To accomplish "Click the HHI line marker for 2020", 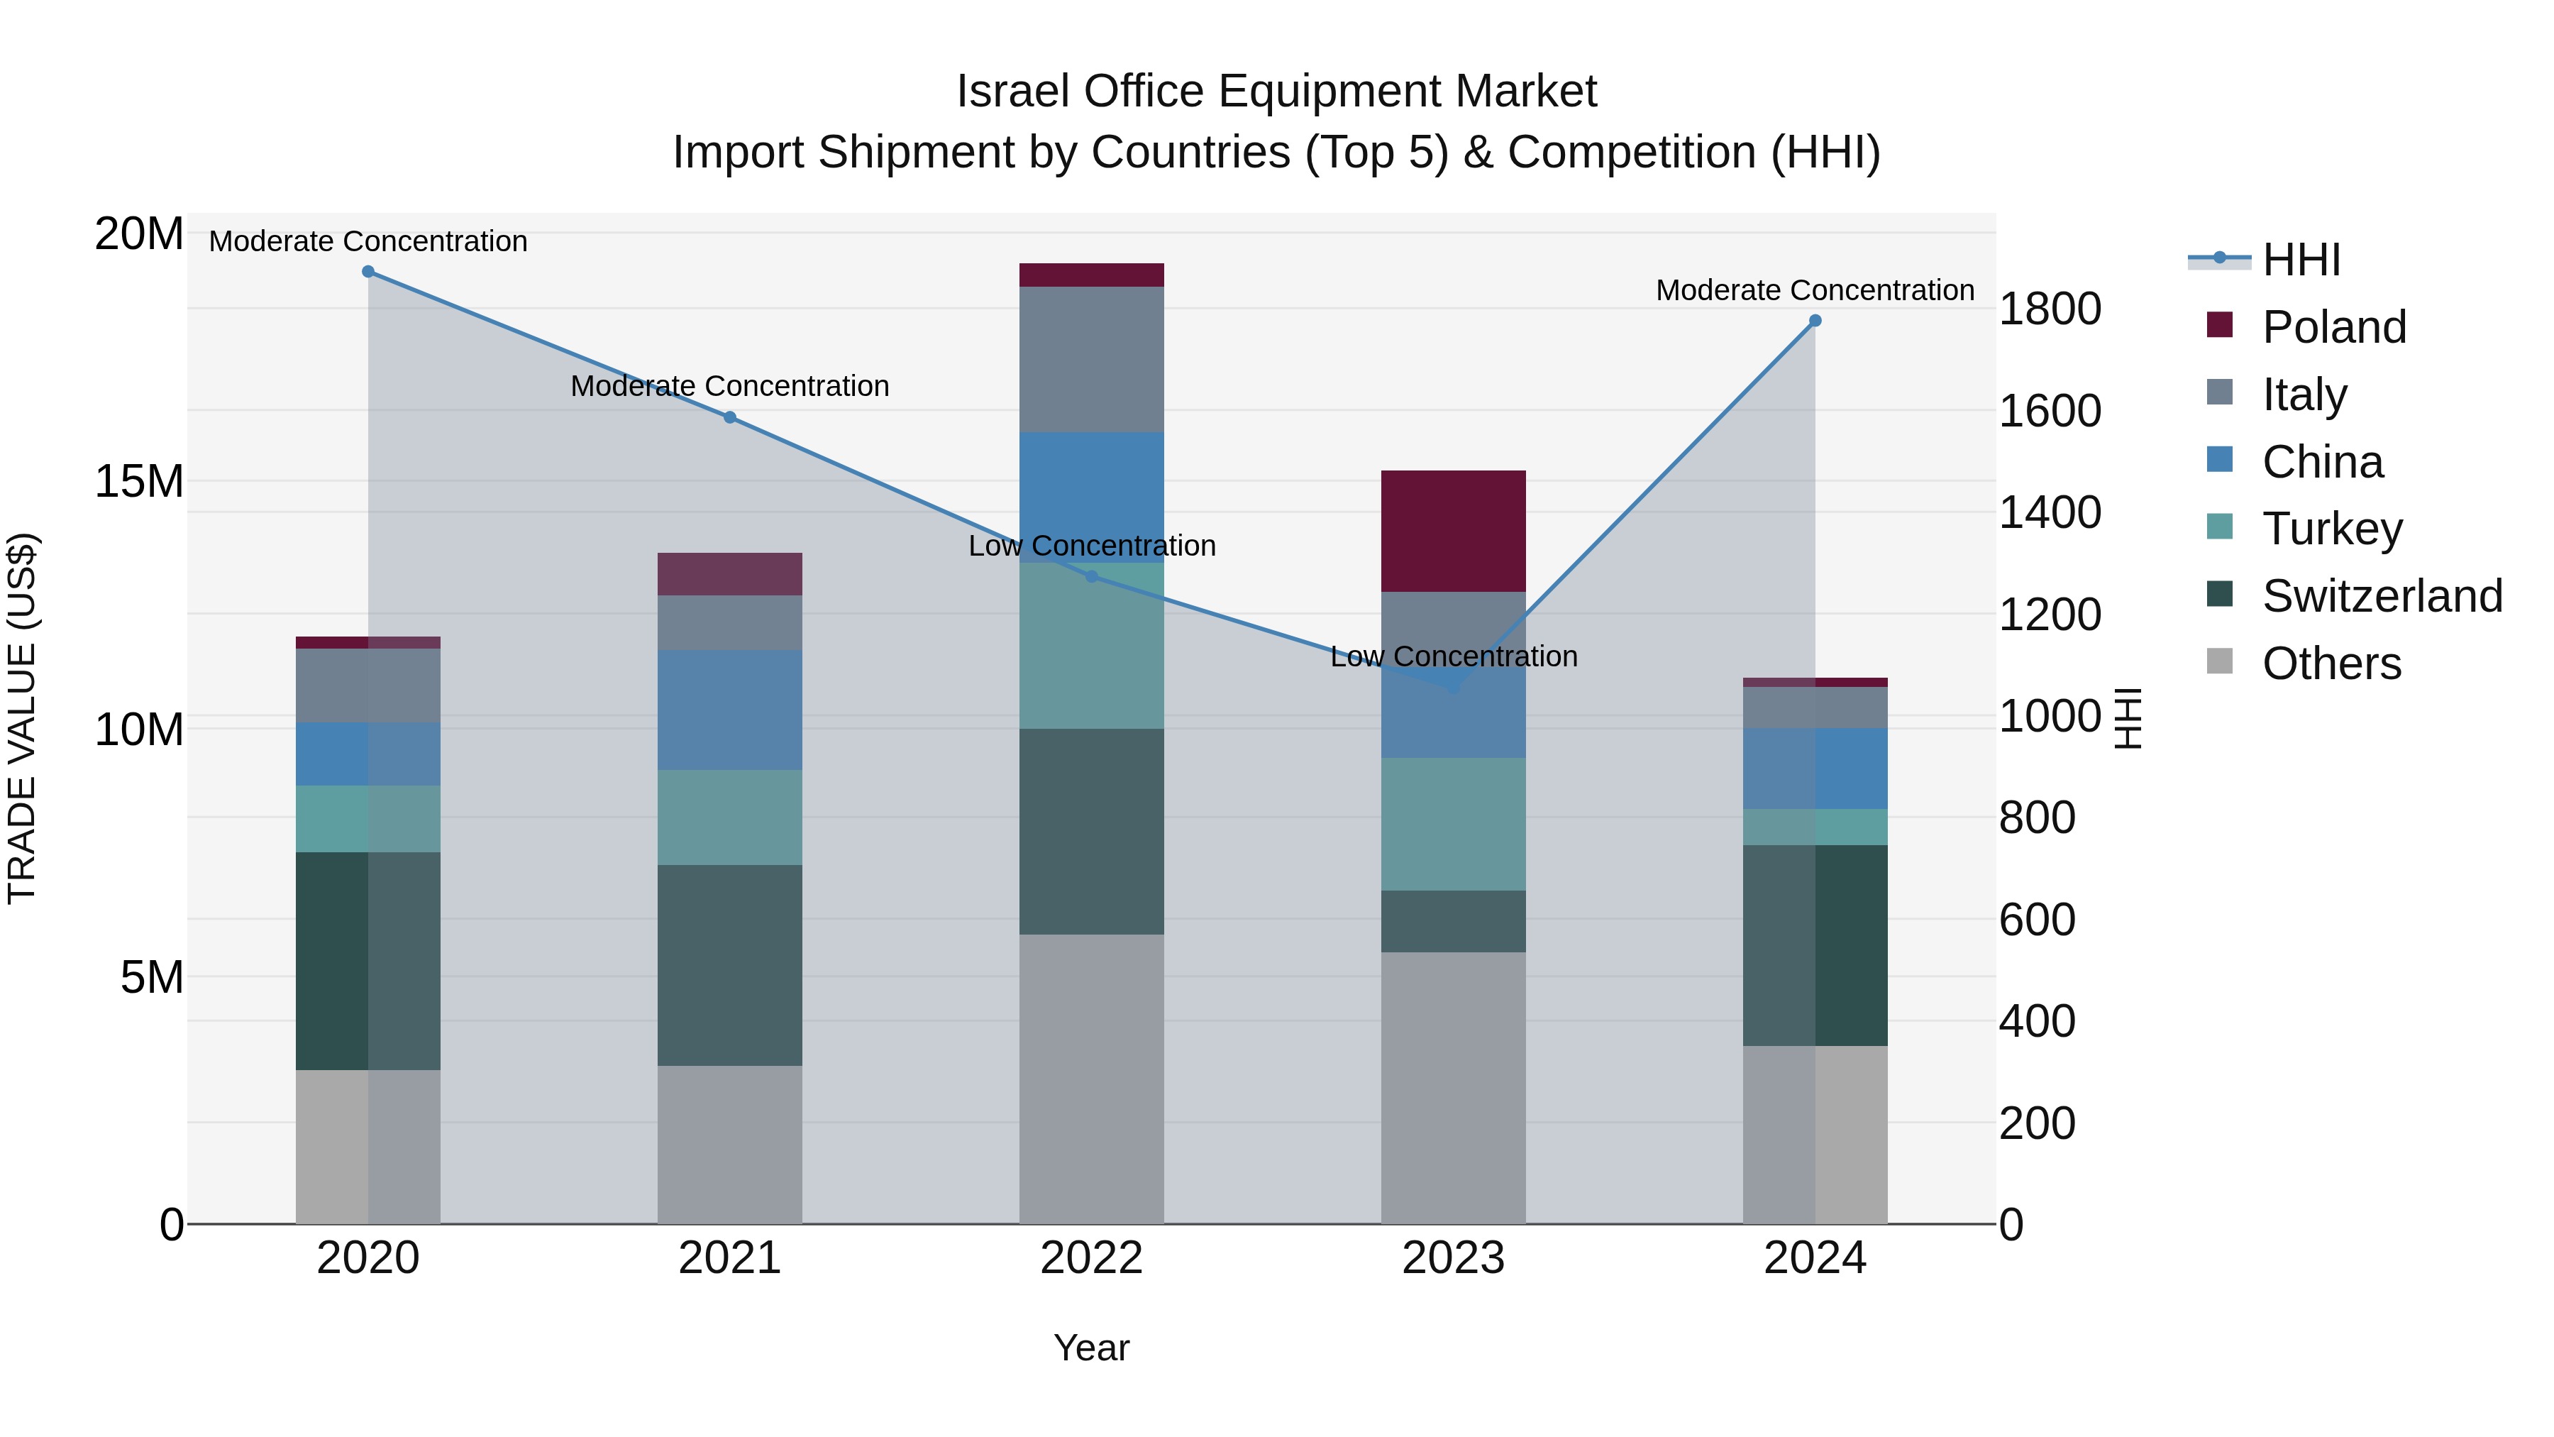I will coord(367,272).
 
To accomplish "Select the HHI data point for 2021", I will coord(730,417).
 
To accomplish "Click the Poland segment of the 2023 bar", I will coord(1454,532).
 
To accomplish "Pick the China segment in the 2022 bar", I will coord(1092,496).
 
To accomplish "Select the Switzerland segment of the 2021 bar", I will coord(730,965).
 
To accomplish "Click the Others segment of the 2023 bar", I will coord(1454,1088).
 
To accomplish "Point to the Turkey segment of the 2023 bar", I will coord(1454,824).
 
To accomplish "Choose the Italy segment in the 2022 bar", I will coord(1092,359).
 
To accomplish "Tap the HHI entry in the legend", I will coord(2300,260).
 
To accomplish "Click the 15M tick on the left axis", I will coord(139,482).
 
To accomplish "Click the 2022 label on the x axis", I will coord(1092,1258).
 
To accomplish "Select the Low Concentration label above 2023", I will coord(1454,656).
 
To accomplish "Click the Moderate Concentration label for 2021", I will coord(730,386).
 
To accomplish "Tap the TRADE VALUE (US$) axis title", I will coord(22,718).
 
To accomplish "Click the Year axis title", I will coord(1092,1348).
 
